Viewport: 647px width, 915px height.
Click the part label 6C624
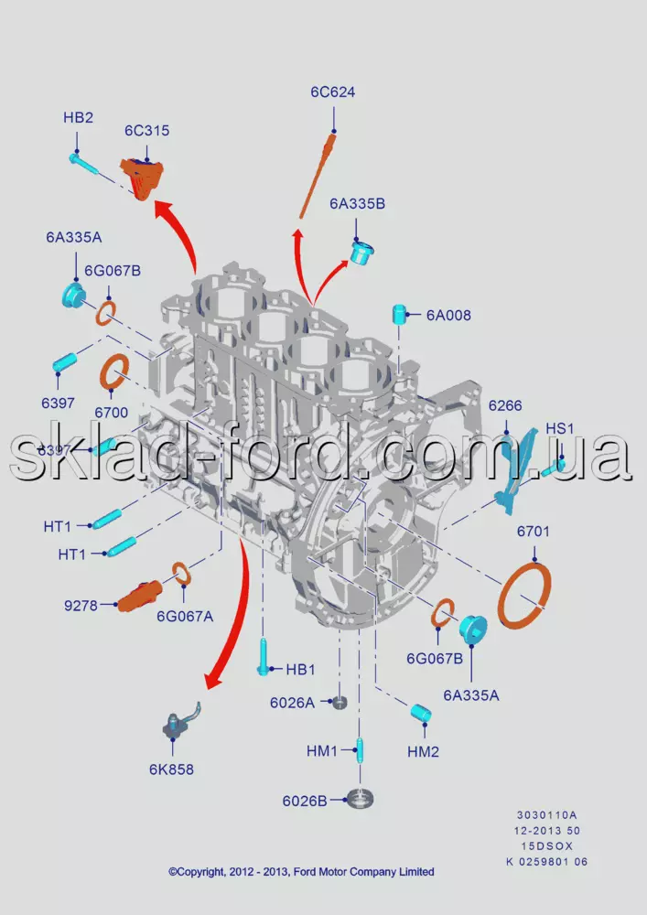click(332, 92)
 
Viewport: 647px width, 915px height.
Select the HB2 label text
click(78, 118)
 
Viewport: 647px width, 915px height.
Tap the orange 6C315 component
click(142, 178)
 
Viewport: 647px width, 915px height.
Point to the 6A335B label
click(358, 204)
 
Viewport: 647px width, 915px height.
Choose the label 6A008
click(448, 316)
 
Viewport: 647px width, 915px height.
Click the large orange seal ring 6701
click(524, 596)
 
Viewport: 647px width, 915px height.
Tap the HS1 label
click(559, 428)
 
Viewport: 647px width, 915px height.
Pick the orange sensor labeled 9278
click(138, 596)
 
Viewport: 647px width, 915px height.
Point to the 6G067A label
click(185, 616)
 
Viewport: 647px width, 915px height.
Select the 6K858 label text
click(171, 770)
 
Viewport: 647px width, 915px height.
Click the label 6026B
click(305, 801)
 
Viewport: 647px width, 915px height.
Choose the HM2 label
click(423, 751)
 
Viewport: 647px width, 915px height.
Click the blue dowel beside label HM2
click(421, 712)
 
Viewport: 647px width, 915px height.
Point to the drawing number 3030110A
click(547, 814)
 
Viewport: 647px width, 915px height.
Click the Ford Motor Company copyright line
click(301, 872)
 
